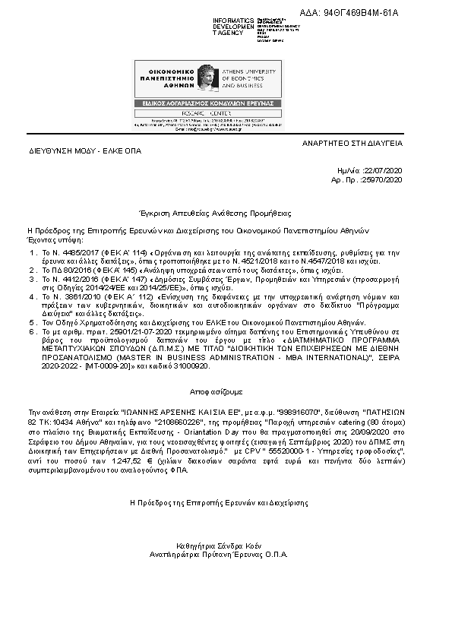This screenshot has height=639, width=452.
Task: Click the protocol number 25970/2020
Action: [x=384, y=180]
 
